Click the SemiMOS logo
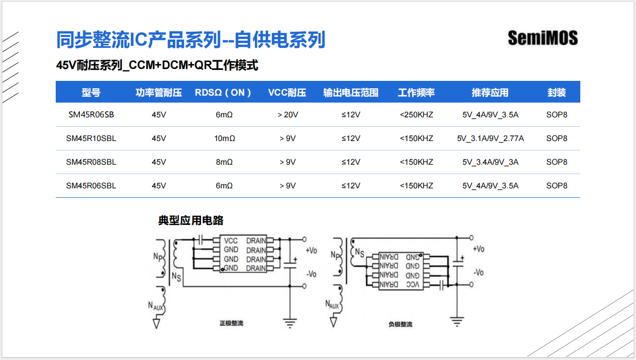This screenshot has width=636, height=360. [542, 38]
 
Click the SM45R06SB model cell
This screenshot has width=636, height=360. [91, 115]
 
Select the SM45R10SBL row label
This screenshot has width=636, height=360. [91, 139]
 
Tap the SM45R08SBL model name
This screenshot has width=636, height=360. [91, 162]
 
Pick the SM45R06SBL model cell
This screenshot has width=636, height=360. [91, 186]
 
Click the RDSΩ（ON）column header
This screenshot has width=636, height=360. [223, 93]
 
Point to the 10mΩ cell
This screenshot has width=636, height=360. [224, 139]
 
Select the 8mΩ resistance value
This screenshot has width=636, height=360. [224, 162]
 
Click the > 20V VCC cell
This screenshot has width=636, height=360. [287, 115]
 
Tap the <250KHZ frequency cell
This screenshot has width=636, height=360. [417, 115]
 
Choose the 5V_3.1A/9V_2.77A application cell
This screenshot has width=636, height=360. [490, 139]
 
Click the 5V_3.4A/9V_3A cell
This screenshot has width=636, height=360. [490, 162]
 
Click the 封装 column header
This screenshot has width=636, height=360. [557, 93]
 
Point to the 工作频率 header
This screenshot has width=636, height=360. [417, 93]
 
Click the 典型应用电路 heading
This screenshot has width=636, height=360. [191, 220]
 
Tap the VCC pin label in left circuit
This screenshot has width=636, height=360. [231, 241]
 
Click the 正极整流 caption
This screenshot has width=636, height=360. [231, 324]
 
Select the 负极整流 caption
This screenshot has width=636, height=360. [400, 324]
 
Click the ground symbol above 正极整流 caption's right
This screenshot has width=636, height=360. [290, 323]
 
